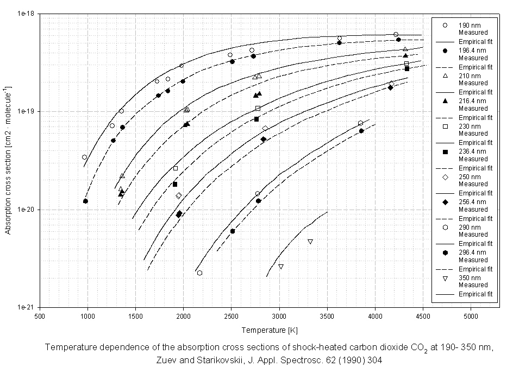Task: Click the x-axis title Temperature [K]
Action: pos(271,330)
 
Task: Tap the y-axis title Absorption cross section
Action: pos(8,160)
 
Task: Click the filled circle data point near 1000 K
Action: pos(85,201)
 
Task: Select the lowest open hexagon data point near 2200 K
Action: pos(199,273)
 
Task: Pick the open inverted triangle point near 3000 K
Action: pos(281,267)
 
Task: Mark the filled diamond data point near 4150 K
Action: pos(390,87)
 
